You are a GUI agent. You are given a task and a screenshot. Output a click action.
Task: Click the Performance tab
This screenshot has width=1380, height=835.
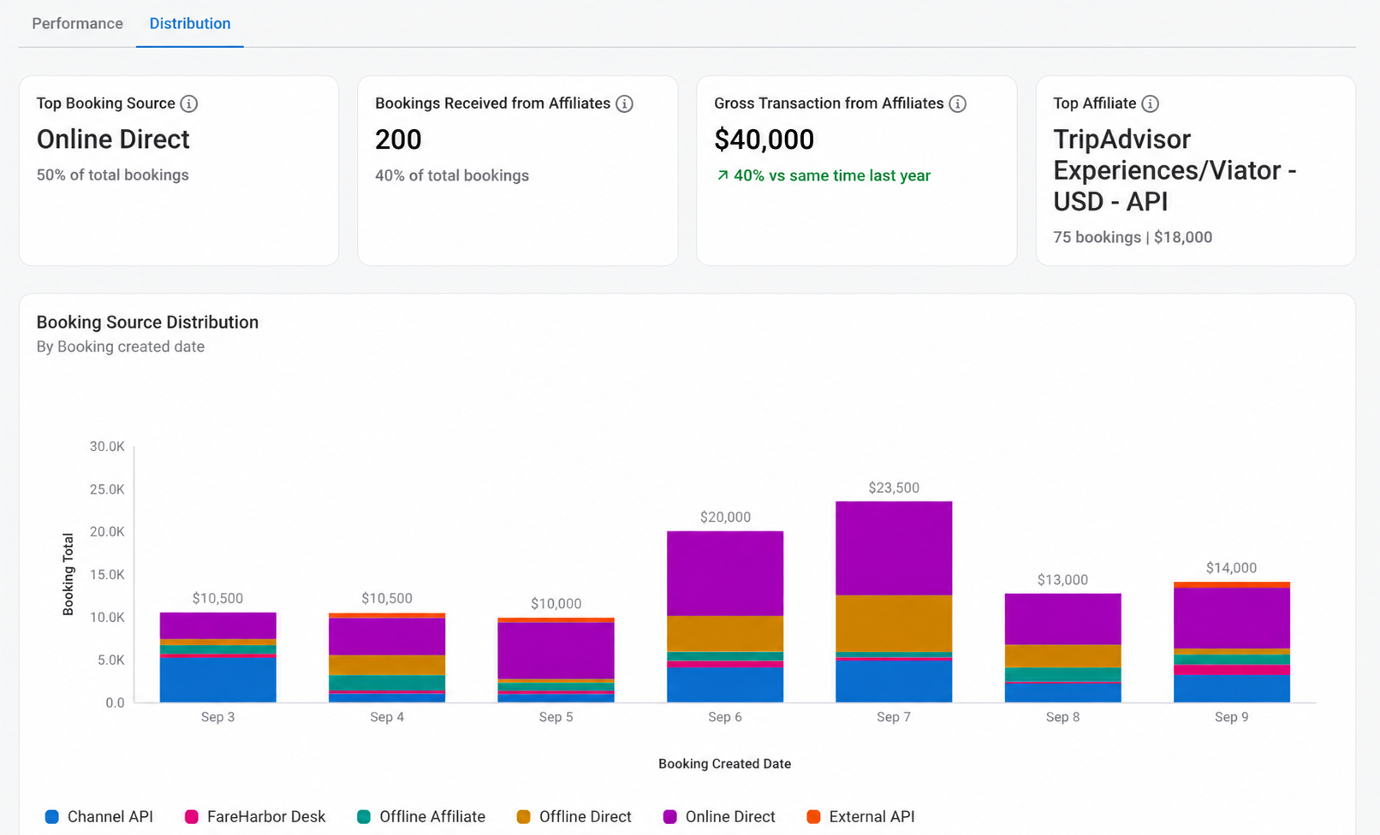(78, 23)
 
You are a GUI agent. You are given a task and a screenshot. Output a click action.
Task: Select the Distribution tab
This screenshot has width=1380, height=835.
(190, 23)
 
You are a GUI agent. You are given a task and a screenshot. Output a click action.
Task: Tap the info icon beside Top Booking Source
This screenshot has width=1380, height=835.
(189, 104)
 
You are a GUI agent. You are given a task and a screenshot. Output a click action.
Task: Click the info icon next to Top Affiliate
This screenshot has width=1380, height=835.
(1151, 104)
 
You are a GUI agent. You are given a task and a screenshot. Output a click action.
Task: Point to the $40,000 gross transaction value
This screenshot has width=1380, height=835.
(764, 139)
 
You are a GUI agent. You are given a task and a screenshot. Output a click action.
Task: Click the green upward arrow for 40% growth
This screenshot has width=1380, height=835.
(723, 175)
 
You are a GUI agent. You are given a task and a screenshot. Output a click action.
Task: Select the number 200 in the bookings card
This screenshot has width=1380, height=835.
(398, 139)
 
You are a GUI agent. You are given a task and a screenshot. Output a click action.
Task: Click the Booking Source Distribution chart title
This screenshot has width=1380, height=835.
(147, 322)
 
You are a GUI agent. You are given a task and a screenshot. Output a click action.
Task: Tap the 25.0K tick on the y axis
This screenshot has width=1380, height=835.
(107, 489)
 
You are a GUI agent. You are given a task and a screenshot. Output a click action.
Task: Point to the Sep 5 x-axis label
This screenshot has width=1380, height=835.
(556, 717)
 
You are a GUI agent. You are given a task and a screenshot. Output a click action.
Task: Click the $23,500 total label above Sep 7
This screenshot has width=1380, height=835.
(894, 488)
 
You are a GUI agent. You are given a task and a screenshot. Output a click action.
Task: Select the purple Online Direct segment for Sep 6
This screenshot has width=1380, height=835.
(725, 573)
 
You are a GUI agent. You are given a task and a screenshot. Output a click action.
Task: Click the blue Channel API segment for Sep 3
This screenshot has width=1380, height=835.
(218, 680)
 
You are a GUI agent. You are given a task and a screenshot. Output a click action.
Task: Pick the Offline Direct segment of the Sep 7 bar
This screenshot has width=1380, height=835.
(894, 623)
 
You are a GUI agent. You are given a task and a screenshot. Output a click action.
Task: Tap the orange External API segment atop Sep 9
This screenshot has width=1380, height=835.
(1232, 585)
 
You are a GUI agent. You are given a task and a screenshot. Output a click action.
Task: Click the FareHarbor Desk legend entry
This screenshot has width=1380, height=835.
(255, 816)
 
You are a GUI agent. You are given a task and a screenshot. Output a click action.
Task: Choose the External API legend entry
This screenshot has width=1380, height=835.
(860, 816)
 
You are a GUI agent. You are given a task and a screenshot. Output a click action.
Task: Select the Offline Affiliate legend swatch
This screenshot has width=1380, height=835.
(364, 816)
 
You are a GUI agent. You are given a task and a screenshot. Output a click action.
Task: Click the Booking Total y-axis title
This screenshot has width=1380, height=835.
(68, 574)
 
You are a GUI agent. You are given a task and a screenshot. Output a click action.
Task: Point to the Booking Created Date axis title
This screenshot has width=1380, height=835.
(724, 764)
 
